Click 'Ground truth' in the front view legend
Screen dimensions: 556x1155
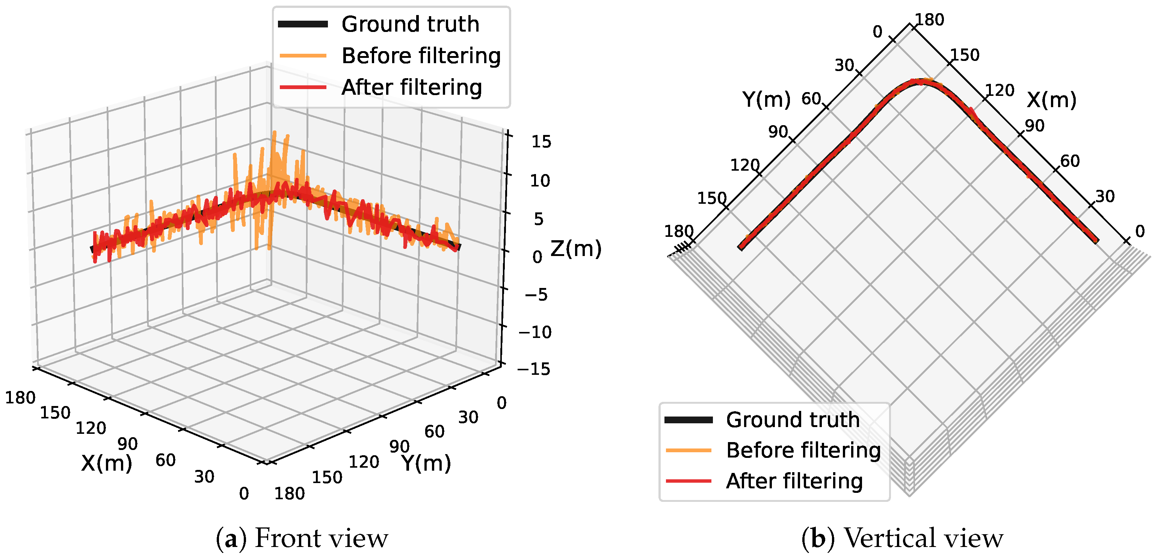click(x=410, y=24)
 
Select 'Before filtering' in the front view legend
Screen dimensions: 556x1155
click(x=421, y=56)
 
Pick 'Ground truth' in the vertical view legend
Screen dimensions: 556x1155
click(x=793, y=420)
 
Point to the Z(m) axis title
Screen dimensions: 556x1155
click(x=576, y=248)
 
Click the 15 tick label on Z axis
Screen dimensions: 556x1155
click(x=541, y=142)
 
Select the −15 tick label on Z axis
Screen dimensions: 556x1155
click(x=534, y=369)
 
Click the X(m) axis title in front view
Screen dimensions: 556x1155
click(x=107, y=463)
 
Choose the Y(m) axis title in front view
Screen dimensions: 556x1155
click(x=426, y=463)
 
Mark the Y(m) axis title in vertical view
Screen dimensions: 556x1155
click(x=766, y=99)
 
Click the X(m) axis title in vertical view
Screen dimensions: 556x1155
click(x=1051, y=100)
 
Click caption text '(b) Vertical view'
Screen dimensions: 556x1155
click(x=902, y=538)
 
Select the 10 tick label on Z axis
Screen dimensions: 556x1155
click(x=540, y=181)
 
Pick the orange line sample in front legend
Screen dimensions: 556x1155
click(x=303, y=56)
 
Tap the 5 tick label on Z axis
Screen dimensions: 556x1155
click(x=539, y=219)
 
